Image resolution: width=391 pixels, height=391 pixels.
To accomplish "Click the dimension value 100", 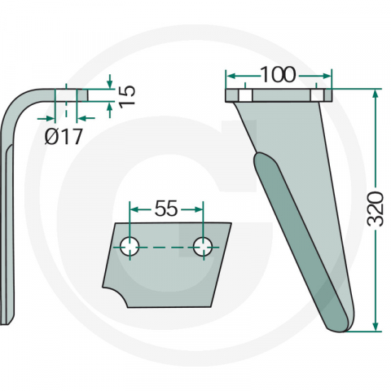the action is (278, 74).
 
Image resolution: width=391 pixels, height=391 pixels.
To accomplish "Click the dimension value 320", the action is (375, 209).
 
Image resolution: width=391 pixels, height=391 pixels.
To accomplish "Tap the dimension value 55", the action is (166, 209).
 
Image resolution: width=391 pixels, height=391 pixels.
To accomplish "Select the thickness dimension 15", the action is (126, 97).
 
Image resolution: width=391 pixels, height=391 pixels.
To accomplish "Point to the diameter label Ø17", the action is (63, 136).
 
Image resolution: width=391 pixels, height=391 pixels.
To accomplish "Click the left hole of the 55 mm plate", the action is (130, 247).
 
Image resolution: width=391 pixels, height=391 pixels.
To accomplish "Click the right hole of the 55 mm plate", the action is (203, 247).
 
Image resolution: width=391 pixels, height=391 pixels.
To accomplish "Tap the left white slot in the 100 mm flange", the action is (245, 95).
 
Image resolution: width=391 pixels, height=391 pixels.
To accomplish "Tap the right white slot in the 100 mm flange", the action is (317, 95).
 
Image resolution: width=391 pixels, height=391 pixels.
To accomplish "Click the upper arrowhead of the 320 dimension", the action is (376, 94).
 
